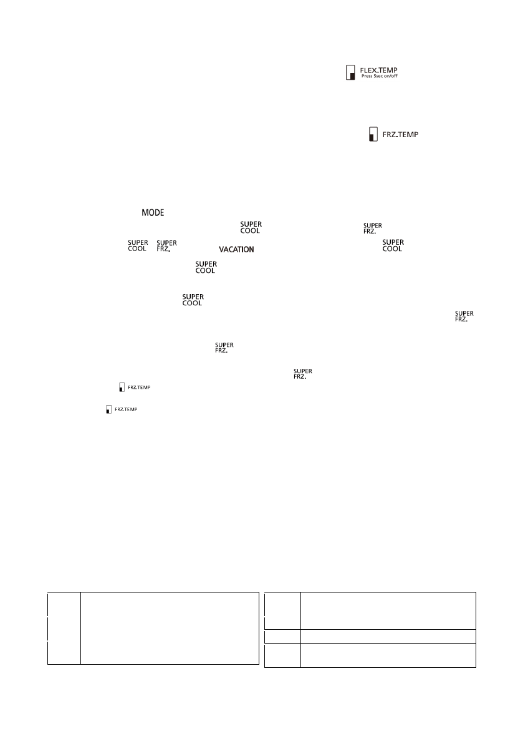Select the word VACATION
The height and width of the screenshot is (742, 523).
[x=236, y=249]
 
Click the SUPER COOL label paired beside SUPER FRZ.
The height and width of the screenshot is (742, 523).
[x=137, y=245]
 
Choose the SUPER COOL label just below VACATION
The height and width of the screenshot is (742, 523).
[x=206, y=267]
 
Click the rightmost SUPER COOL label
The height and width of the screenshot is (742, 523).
[x=392, y=245]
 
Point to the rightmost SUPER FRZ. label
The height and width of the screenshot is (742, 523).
[x=464, y=315]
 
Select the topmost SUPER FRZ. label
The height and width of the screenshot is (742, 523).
[x=373, y=227]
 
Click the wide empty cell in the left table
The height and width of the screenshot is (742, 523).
[x=169, y=628]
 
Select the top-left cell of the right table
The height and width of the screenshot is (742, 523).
[x=282, y=611]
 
